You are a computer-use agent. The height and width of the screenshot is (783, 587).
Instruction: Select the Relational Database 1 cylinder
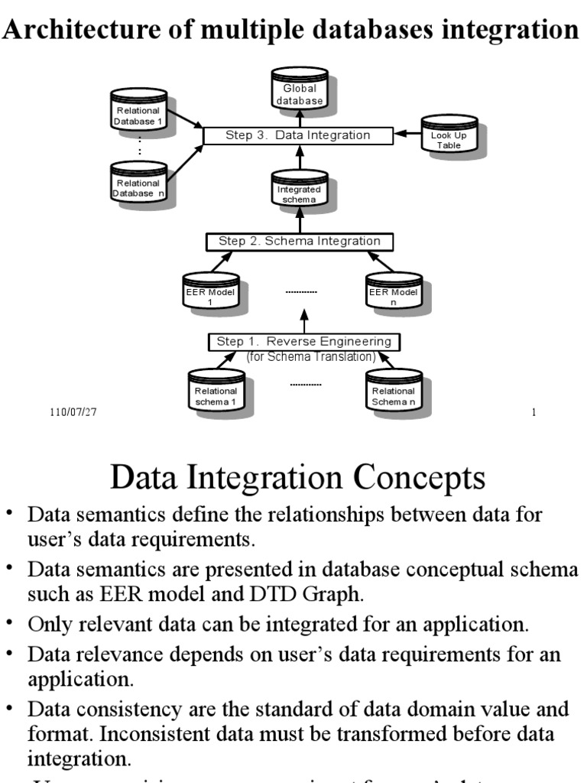(x=138, y=112)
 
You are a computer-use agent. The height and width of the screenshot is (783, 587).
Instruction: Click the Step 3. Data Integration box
(x=298, y=135)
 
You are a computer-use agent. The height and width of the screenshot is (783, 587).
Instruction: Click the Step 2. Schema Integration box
(x=300, y=242)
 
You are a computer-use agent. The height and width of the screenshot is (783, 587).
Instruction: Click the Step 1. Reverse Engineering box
(x=304, y=342)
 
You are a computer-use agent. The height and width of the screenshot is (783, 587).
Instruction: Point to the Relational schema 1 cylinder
(x=216, y=393)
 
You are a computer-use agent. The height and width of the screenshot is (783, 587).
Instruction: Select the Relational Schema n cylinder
(x=394, y=393)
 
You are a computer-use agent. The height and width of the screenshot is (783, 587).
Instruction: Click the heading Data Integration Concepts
(x=297, y=478)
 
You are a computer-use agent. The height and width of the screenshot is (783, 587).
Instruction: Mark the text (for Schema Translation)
(x=311, y=357)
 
